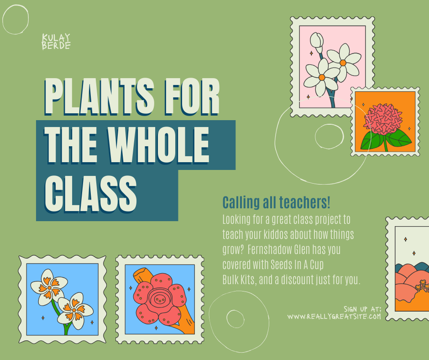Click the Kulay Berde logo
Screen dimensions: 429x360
[x=56, y=42]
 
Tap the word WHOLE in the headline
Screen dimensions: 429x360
[x=158, y=145]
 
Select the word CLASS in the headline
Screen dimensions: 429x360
[x=90, y=194]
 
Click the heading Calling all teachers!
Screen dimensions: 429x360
[x=276, y=203]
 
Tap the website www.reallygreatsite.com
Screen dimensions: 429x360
[x=334, y=317]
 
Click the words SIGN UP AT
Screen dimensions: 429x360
[x=362, y=309]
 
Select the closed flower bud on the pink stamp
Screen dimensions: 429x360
[x=317, y=42]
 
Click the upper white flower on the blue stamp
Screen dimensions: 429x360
[x=49, y=287]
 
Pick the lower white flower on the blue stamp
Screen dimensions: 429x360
[x=74, y=310]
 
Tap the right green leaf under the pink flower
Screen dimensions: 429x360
[x=398, y=138]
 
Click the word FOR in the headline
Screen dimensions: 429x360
[x=192, y=96]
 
